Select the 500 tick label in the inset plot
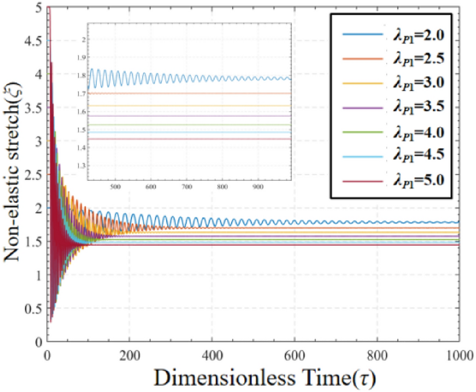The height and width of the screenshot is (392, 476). pyautogui.click(x=114, y=187)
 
